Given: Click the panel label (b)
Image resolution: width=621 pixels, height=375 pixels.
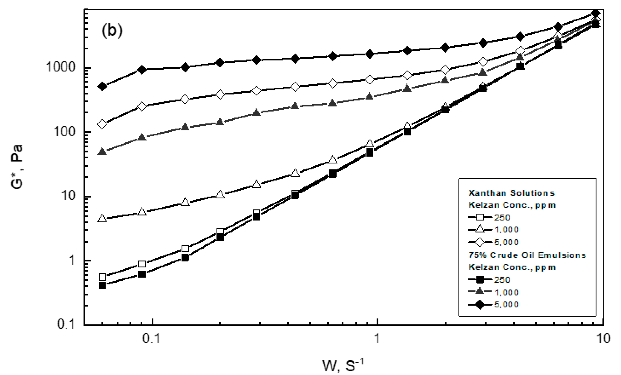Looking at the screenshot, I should pyautogui.click(x=112, y=31).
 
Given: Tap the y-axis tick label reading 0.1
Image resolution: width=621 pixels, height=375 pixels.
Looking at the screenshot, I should pyautogui.click(x=66, y=324).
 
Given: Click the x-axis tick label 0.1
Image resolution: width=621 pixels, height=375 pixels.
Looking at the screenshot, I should pyautogui.click(x=151, y=339).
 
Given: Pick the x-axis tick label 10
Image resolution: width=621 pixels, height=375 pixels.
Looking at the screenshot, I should pyautogui.click(x=603, y=339).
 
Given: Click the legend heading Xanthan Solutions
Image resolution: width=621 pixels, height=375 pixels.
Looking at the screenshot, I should pyautogui.click(x=511, y=193).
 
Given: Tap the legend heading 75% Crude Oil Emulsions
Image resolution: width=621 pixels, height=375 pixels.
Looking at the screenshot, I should pyautogui.click(x=527, y=255).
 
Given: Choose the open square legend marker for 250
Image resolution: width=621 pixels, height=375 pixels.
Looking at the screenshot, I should pyautogui.click(x=480, y=217).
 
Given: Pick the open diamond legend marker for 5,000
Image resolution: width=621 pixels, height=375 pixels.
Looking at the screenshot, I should pyautogui.click(x=480, y=242).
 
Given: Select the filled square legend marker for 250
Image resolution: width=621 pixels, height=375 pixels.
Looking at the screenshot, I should pyautogui.click(x=480, y=279).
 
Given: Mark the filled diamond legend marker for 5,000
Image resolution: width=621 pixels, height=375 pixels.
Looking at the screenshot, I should pyautogui.click(x=480, y=305).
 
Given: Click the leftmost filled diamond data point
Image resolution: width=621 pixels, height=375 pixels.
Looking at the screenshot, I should pyautogui.click(x=102, y=86).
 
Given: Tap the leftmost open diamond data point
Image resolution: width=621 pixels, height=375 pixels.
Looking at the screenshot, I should pyautogui.click(x=102, y=124).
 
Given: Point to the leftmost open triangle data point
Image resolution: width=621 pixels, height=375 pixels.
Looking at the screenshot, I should pyautogui.click(x=102, y=218).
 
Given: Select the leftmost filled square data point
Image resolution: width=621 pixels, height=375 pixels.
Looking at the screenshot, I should pyautogui.click(x=102, y=285).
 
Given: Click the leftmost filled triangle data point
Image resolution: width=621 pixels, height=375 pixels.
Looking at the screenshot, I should pyautogui.click(x=102, y=152).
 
